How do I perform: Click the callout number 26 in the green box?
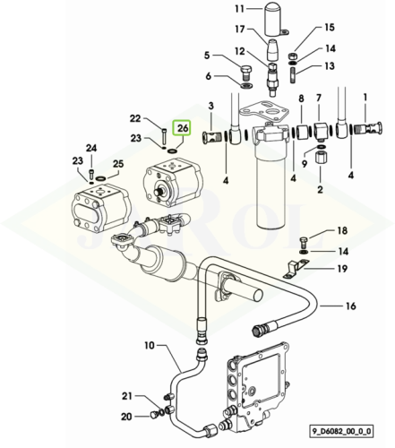coord(183,128)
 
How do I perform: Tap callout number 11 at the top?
coord(240,9)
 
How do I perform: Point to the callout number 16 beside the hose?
coord(351,306)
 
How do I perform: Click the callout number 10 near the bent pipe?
coord(150,346)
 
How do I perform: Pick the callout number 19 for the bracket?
coord(343,269)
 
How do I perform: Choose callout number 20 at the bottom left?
coord(126,417)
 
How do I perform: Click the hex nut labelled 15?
coord(292,56)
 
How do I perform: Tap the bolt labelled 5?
coord(245,73)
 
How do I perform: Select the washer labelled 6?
coord(246,86)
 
